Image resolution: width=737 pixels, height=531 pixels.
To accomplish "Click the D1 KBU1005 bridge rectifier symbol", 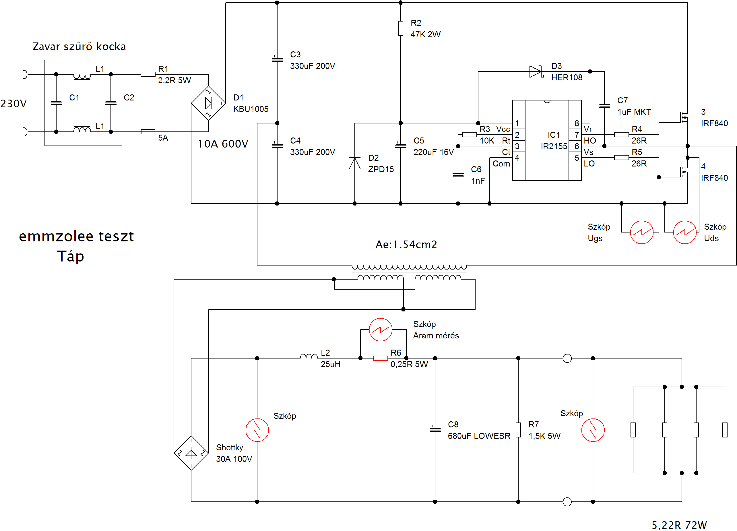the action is coord(208,103).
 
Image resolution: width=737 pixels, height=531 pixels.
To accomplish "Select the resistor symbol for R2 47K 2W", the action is coord(401,28).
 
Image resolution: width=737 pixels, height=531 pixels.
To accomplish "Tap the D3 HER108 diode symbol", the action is coord(536,71).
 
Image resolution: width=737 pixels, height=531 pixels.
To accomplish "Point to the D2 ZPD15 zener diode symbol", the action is coord(354,163).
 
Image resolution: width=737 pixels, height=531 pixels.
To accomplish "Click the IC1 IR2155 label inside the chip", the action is coord(554,140).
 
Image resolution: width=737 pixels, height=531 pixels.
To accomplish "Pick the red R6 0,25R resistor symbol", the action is coord(380,358).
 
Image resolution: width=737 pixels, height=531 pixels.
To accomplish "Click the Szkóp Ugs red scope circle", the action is coord(641,232).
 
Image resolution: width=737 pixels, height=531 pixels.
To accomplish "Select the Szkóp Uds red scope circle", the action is coord(685,232).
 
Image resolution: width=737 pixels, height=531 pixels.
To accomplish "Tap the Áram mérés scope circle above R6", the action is coord(381,330).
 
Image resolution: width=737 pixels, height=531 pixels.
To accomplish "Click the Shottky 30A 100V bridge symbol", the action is coord(191,453).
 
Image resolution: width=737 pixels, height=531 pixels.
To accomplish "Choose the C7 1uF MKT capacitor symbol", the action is coord(604,106).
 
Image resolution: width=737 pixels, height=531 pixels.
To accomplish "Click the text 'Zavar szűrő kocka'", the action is coord(79,46).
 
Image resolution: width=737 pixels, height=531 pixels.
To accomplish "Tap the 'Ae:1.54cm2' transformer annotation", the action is coord(406,244).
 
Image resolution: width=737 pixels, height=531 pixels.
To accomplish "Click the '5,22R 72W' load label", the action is coord(679,525).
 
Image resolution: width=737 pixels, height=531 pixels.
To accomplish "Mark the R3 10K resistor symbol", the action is coord(469,135).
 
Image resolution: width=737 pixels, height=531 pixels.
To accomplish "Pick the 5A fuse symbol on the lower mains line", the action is coord(148,132).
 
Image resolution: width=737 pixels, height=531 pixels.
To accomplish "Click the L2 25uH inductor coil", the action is coord(309,356).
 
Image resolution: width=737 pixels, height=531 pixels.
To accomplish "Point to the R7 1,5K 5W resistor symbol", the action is coord(518,430).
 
